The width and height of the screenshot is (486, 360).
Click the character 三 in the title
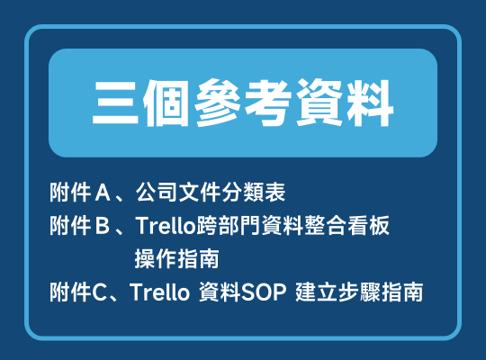tap(115, 103)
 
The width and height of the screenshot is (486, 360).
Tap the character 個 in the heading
tap(166, 103)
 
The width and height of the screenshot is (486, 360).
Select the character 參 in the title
tap(217, 103)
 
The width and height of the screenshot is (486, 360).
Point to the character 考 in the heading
tap(268, 103)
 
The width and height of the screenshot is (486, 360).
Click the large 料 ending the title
tap(370, 103)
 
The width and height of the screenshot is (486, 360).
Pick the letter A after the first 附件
tap(103, 193)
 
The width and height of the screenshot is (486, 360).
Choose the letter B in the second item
tap(103, 225)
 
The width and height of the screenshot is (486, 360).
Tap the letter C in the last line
tap(99, 292)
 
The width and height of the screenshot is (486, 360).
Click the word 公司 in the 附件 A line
tap(157, 193)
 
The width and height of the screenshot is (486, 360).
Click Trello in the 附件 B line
tap(165, 225)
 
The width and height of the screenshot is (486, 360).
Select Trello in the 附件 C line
tap(159, 292)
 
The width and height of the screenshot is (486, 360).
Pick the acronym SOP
tap(264, 292)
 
